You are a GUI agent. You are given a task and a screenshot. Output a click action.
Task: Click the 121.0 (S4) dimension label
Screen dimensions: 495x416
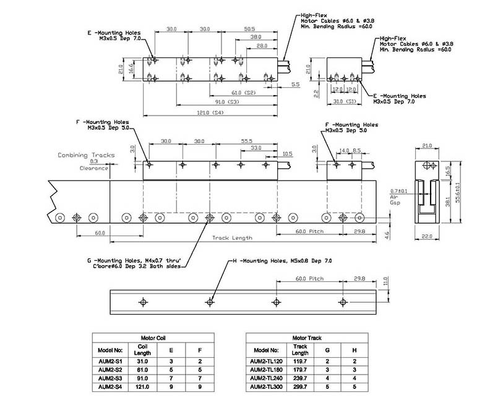(x=210, y=112)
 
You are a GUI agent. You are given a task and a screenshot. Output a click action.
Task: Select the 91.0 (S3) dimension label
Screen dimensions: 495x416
(x=227, y=102)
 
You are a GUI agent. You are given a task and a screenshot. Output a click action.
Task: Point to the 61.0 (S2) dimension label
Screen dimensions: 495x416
(x=243, y=93)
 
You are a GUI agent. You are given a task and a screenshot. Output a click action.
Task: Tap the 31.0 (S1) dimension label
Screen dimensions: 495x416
(x=345, y=101)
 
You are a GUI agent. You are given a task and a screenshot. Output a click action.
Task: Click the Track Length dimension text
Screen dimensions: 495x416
(x=233, y=238)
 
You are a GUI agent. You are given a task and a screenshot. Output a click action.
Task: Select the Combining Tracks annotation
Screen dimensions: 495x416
(x=86, y=155)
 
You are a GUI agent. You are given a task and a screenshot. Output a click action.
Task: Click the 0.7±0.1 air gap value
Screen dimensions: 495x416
(x=398, y=191)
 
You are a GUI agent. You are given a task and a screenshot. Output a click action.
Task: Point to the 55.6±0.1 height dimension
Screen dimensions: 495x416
(x=458, y=192)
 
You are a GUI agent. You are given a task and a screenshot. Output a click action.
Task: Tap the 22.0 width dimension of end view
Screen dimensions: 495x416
(x=427, y=236)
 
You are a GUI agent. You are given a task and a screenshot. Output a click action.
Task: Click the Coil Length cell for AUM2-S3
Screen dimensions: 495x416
(x=142, y=378)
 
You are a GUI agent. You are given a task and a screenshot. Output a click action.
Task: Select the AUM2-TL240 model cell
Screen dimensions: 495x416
(x=266, y=378)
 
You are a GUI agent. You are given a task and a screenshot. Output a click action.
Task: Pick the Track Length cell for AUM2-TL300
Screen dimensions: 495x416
(x=300, y=387)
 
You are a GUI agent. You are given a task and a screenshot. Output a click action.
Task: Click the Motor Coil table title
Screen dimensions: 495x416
(x=153, y=337)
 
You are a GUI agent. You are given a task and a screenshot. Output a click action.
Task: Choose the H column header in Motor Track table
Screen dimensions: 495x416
(x=355, y=350)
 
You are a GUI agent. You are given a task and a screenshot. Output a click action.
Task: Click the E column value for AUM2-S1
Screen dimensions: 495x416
(x=171, y=362)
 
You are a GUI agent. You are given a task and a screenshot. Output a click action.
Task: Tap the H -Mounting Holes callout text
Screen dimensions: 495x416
(x=282, y=261)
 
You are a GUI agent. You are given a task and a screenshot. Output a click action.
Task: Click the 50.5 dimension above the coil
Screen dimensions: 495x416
(x=249, y=29)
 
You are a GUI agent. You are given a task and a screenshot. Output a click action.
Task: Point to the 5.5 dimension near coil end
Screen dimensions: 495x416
(x=296, y=85)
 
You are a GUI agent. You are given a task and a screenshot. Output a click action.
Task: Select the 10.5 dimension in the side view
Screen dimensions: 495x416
(x=287, y=154)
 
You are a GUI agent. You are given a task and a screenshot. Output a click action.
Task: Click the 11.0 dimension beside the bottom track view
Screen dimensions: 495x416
(x=385, y=281)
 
